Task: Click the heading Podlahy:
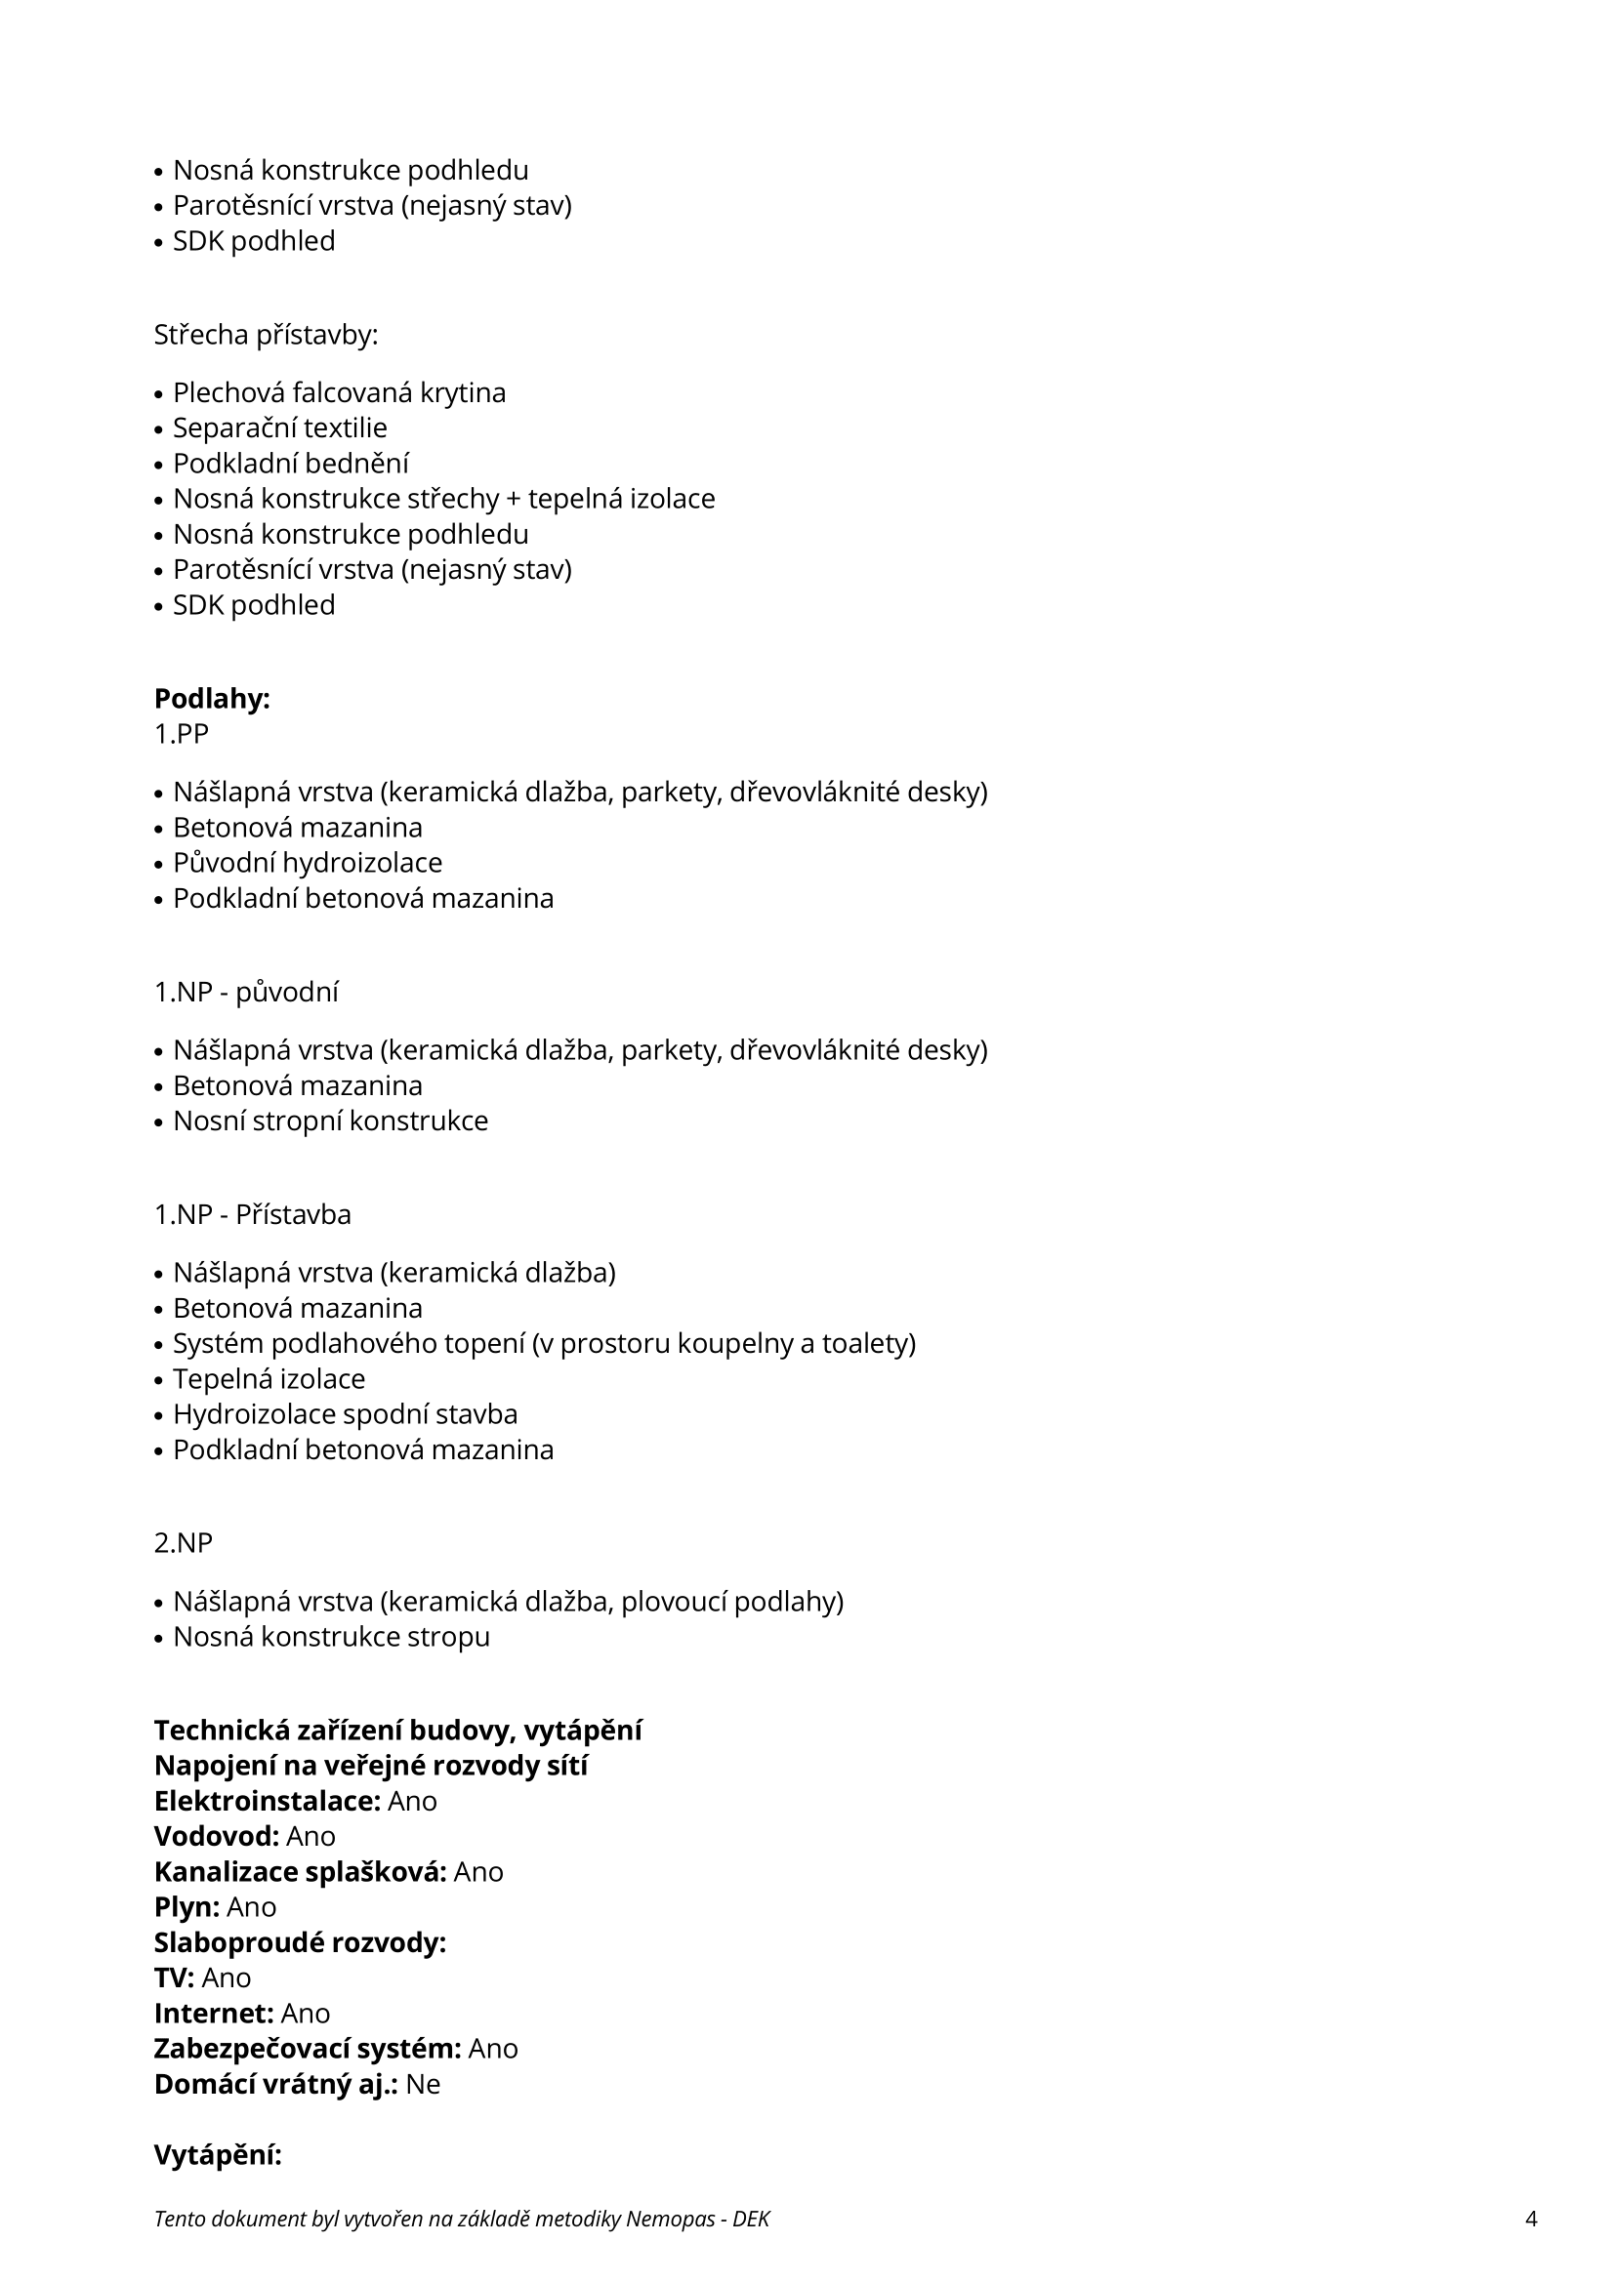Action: (212, 699)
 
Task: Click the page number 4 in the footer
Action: (1530, 2219)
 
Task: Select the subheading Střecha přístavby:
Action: (266, 335)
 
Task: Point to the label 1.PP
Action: (181, 734)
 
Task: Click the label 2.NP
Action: (183, 1542)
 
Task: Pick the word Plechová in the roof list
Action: (228, 392)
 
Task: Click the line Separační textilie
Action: (279, 428)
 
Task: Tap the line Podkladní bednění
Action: (290, 464)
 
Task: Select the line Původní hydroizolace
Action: (308, 862)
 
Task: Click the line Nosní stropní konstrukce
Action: (330, 1121)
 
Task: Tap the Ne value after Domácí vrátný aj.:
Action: (423, 2083)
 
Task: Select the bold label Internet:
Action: (214, 2013)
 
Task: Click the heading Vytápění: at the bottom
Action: (218, 2155)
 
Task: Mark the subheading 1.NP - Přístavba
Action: (253, 1214)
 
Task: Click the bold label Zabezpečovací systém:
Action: (308, 2048)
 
